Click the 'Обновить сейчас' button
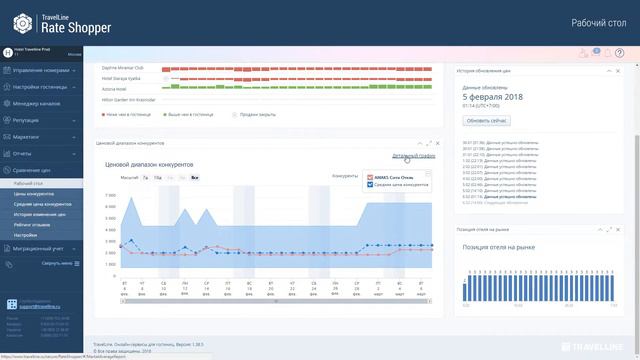point(487,120)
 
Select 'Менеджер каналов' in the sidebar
point(37,103)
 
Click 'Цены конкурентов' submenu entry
point(34,193)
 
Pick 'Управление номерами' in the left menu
point(41,71)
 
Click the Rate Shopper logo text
point(66,27)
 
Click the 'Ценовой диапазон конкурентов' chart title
point(149,164)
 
